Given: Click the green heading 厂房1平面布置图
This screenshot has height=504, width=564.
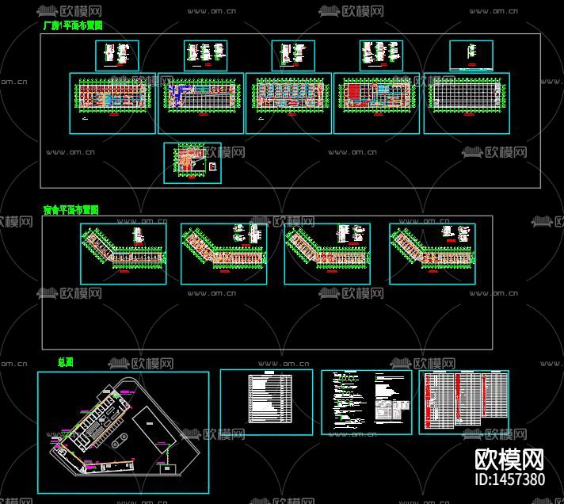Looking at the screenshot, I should [73, 25].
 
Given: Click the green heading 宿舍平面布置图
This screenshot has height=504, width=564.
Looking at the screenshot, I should [71, 210].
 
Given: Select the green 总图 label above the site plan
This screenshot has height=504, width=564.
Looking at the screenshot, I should [66, 362].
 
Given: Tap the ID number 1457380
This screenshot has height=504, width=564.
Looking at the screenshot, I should [509, 479].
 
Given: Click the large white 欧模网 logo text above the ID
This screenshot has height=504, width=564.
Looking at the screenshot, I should [509, 460].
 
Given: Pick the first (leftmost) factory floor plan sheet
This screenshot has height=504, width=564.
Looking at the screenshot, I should [112, 103].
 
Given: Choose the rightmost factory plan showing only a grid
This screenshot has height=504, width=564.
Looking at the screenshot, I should [467, 103].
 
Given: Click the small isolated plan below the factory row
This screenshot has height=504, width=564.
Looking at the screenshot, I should [192, 162].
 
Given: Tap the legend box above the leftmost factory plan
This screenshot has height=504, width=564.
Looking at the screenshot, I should [117, 55].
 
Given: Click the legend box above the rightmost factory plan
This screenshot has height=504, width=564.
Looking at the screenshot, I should [471, 55].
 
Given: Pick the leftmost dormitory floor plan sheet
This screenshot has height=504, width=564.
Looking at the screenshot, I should [124, 253].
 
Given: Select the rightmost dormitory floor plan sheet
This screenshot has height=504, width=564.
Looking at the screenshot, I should [433, 253].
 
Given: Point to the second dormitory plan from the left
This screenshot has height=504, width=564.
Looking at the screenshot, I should [226, 253].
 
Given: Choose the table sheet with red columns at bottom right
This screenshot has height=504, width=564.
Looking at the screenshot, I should [463, 402].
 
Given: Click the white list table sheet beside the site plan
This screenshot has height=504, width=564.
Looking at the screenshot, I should [266, 402].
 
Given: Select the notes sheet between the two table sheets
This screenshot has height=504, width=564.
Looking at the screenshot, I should [366, 402].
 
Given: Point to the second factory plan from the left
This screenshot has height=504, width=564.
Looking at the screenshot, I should [201, 103].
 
